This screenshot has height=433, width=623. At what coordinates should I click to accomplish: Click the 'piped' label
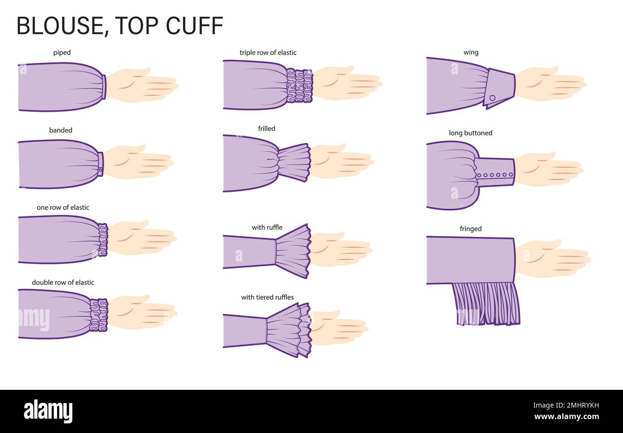pos(62,53)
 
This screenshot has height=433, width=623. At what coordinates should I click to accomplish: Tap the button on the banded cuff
pos(101,170)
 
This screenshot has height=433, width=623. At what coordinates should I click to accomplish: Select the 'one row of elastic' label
pos(63,208)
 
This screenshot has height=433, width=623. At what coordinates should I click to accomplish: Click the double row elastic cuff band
pos(99,315)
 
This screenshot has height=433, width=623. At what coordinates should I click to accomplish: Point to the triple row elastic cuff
pos(300,85)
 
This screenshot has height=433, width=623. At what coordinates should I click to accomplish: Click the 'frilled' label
pos(266,129)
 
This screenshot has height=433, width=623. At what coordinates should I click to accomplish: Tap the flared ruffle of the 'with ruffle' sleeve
pos(293,251)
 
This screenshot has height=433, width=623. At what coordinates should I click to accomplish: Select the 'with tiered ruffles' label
pos(267,297)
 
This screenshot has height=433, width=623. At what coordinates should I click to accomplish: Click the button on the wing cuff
pos(492,97)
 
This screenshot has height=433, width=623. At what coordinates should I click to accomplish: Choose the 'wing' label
pos(471,52)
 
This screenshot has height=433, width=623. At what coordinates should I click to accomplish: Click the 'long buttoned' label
pos(470,133)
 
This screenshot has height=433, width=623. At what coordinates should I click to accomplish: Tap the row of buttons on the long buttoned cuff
pos(495,175)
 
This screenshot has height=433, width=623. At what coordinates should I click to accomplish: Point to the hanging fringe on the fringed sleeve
pos(485,304)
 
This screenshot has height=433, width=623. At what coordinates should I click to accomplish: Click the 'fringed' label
pos(471,229)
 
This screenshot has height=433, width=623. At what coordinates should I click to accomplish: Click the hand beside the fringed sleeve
pos(551,259)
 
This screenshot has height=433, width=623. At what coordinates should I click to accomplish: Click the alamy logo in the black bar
pos(48,411)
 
